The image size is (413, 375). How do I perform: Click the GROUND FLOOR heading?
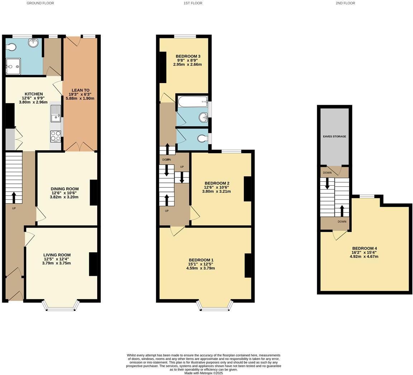coord(41,3)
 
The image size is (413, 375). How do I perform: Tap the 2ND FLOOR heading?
coord(345,3)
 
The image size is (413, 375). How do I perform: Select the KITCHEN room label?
coord(34,94)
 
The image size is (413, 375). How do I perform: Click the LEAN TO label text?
coord(81,91)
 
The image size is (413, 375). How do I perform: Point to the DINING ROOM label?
coord(65,189)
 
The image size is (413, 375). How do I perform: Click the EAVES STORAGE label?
coord(334,136)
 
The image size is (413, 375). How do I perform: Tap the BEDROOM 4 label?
coord(364,248)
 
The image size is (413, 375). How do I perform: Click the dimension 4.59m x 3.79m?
coord(200,268)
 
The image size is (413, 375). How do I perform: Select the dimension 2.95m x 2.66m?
coord(187,64)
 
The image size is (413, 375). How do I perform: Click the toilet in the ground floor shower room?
coord(10,48)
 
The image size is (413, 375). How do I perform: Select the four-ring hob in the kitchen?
coord(56,136)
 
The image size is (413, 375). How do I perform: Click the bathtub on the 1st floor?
coord(193,102)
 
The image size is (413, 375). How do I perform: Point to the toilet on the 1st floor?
coord(203,138)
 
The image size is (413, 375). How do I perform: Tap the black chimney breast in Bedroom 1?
coord(248,266)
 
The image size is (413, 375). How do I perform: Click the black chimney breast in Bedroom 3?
coord(163,68)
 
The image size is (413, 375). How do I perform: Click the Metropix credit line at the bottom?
coord(203,373)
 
